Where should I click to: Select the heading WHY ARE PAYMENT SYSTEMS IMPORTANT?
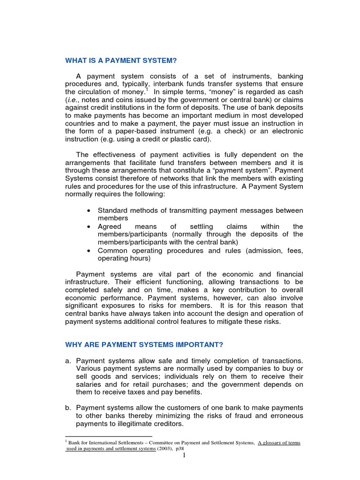pyautogui.click(x=144, y=345)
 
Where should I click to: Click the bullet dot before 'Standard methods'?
pyautogui.click(x=89, y=210)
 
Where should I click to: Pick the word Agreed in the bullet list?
pyautogui.click(x=109, y=226)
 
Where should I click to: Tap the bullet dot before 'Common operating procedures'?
pyautogui.click(x=89, y=251)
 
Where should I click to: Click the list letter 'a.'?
pyautogui.click(x=68, y=360)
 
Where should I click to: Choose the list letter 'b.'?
pyautogui.click(x=68, y=407)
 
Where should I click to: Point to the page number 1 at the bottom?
pyautogui.click(x=184, y=455)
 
